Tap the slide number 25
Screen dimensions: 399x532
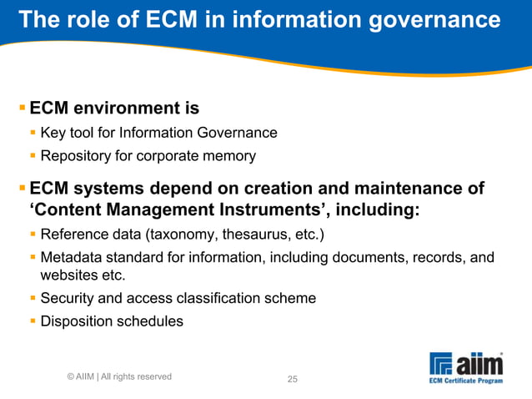click(x=293, y=380)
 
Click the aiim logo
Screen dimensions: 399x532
click(x=467, y=365)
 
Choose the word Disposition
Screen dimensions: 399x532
click(x=76, y=321)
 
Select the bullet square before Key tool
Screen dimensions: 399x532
click(x=33, y=132)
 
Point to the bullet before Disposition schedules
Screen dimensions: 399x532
click(x=33, y=321)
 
